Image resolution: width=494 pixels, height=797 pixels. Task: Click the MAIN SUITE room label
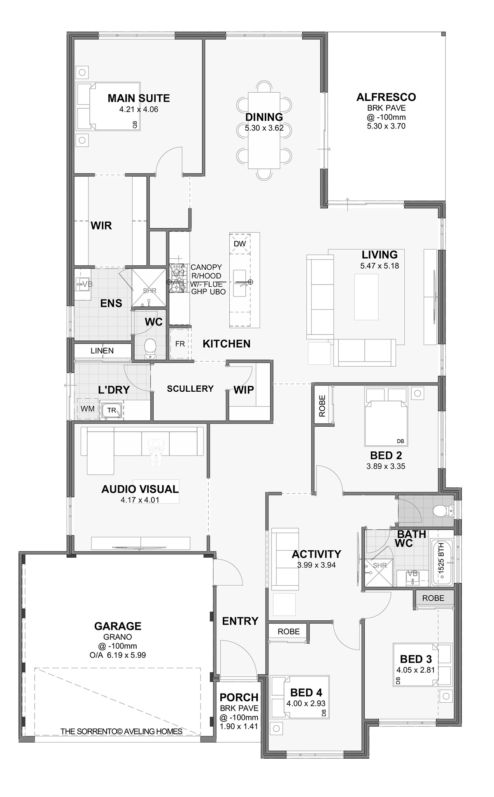point(138,98)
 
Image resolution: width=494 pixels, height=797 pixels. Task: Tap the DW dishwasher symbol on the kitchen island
point(240,244)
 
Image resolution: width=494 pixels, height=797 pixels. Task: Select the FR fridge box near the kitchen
point(180,344)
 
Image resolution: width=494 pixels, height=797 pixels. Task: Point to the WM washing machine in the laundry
point(88,409)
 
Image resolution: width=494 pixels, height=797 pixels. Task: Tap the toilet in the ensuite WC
point(150,348)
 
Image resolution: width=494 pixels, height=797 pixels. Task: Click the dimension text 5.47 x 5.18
point(379,266)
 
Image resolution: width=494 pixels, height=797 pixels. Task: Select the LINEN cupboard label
point(102,351)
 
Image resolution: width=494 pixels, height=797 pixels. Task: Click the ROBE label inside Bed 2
point(322,406)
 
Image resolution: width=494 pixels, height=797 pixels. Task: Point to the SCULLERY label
point(190,388)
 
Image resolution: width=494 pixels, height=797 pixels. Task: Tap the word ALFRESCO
point(386,97)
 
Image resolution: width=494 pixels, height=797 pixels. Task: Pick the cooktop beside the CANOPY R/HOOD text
point(178,278)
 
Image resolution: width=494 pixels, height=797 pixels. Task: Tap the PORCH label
point(239,697)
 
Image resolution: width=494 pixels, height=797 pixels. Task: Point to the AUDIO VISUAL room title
point(140,489)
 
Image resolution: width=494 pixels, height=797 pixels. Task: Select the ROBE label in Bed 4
point(288,631)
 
